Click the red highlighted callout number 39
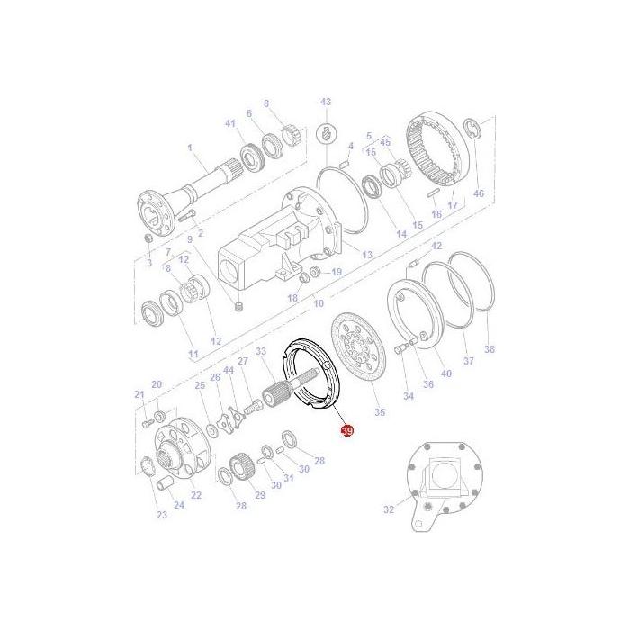(347, 431)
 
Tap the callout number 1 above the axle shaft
(190, 148)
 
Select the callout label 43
(326, 102)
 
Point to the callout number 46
(478, 193)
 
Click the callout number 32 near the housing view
(389, 509)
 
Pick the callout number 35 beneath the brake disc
(379, 412)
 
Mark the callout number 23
(162, 515)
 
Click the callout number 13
(366, 255)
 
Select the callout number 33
(261, 350)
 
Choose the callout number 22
(196, 496)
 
